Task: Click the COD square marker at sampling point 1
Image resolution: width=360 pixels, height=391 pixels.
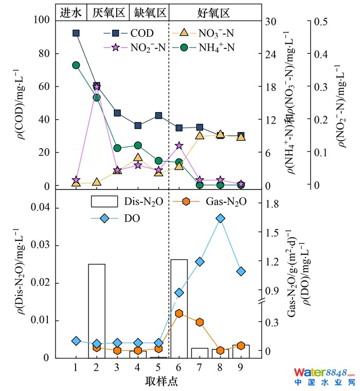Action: tap(76, 33)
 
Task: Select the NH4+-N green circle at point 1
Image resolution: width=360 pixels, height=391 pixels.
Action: tap(76, 65)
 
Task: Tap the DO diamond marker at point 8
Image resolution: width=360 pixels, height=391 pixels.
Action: tap(221, 218)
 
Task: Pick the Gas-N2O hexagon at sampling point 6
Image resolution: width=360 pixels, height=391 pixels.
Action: tap(179, 313)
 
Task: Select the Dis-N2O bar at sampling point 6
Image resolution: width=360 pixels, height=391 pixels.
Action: tap(179, 308)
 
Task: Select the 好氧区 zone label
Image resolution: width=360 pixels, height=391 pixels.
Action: tap(213, 12)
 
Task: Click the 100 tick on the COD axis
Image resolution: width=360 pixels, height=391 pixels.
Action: tap(41, 20)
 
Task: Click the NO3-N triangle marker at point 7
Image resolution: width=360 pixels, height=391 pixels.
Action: tap(200, 135)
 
